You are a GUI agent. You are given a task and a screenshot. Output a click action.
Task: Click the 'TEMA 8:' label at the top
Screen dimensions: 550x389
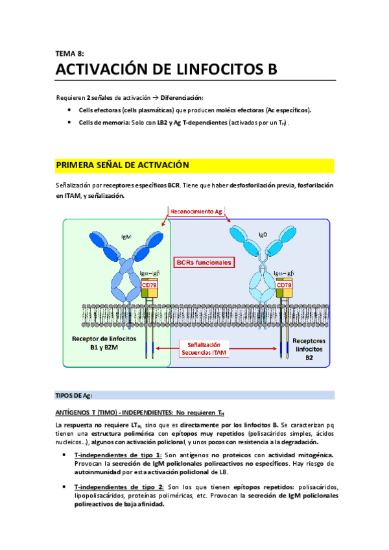point(70,54)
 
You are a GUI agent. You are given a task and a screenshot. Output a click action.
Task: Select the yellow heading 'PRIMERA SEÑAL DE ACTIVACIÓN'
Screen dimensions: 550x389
point(123,166)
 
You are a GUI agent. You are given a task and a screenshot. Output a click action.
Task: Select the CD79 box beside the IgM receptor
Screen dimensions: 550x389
point(150,285)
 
